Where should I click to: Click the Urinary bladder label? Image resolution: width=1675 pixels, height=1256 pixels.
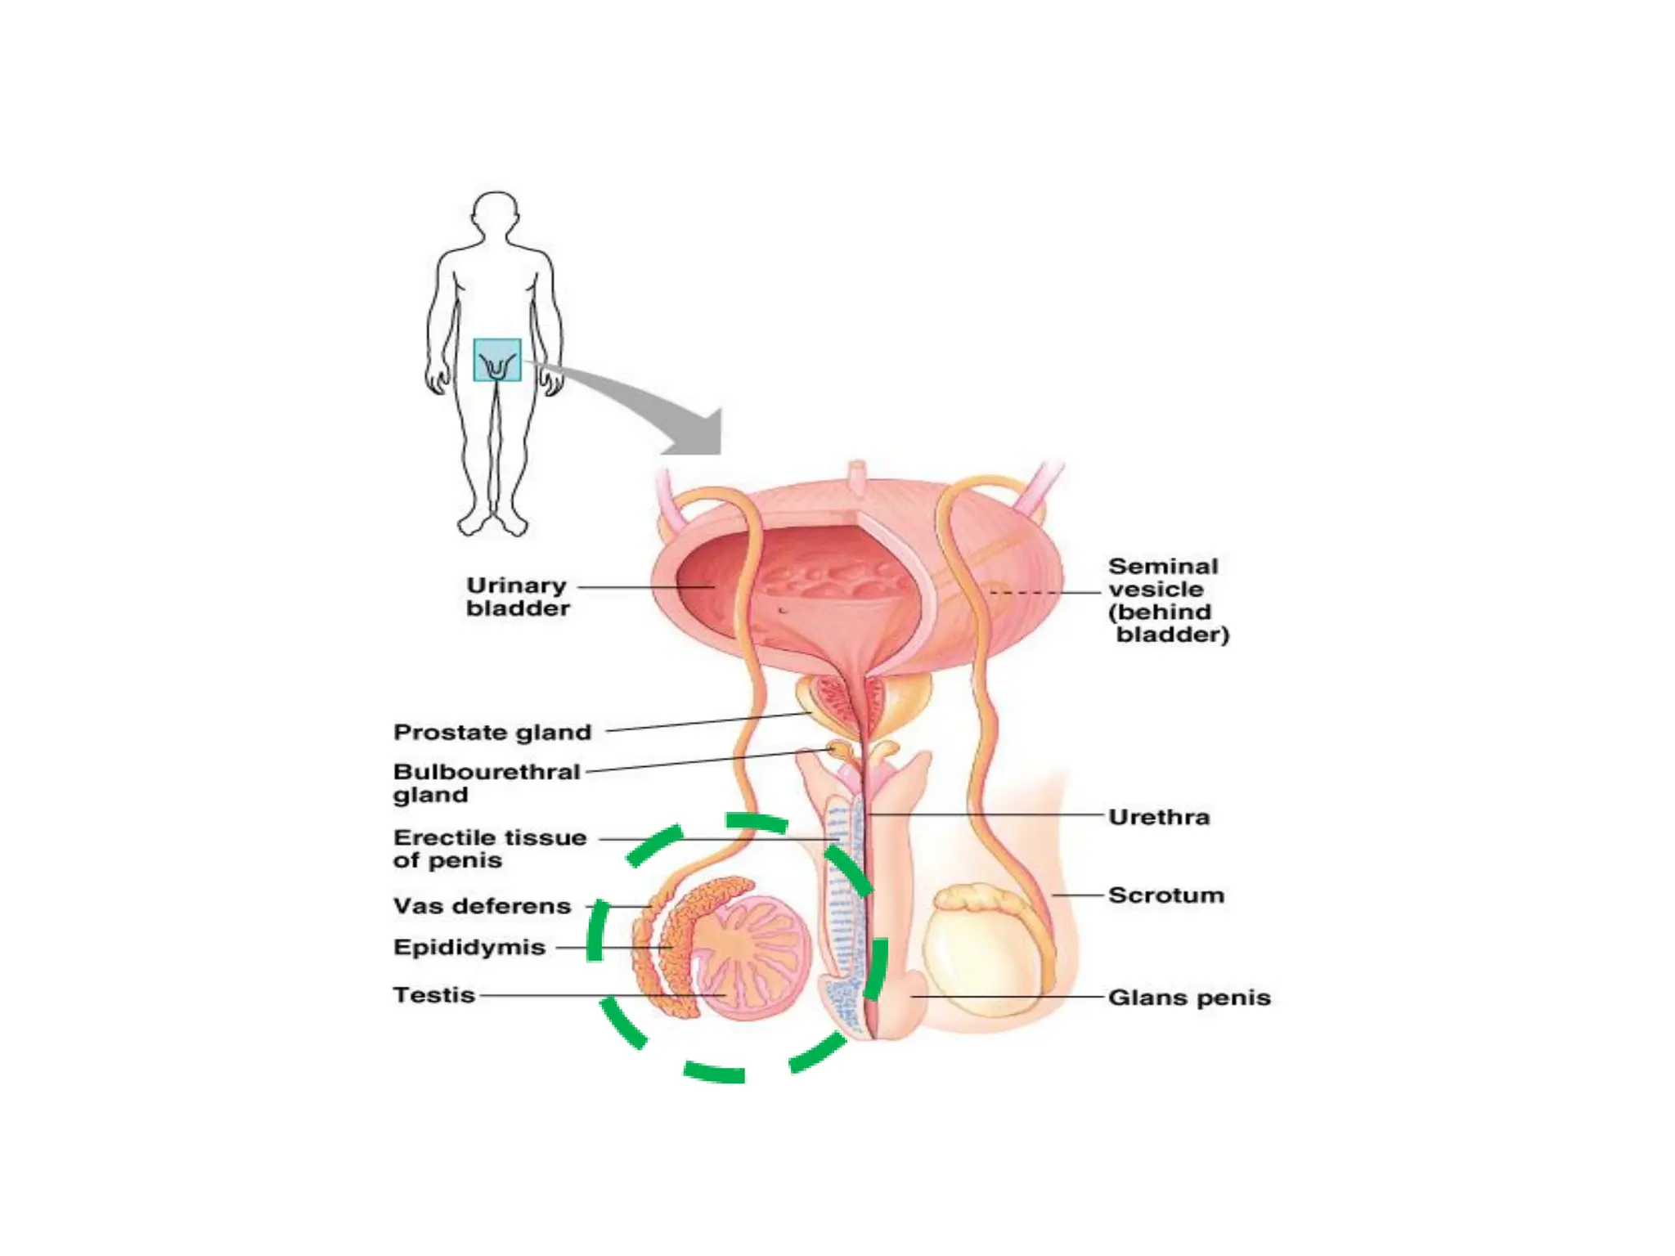click(x=517, y=597)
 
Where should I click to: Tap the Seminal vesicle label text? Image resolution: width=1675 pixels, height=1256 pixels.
click(x=1166, y=600)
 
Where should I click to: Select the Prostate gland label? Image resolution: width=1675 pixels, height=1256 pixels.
click(x=492, y=732)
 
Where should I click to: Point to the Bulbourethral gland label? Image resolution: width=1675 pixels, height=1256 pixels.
click(x=486, y=783)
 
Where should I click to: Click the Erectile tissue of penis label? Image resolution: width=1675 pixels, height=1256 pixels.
click(x=489, y=849)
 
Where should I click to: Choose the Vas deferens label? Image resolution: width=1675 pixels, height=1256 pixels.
click(x=482, y=906)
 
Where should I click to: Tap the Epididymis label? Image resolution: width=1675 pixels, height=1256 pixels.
click(x=469, y=947)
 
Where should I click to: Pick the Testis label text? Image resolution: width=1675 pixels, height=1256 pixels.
click(x=433, y=995)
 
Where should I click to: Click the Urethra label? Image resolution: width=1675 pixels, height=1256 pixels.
click(x=1158, y=817)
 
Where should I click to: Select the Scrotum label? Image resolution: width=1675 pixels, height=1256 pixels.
click(x=1165, y=895)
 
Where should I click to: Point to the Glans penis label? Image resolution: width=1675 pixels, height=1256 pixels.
click(x=1188, y=998)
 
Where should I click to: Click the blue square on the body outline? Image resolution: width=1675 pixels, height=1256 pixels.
click(x=496, y=360)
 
